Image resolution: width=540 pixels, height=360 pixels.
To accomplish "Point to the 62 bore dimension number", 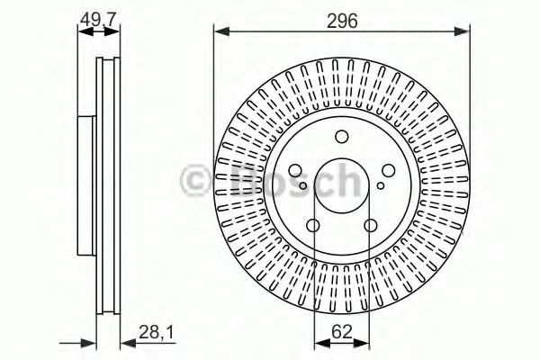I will click(x=341, y=333).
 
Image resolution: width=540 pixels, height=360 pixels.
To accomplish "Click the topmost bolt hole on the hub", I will click(x=341, y=137).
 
